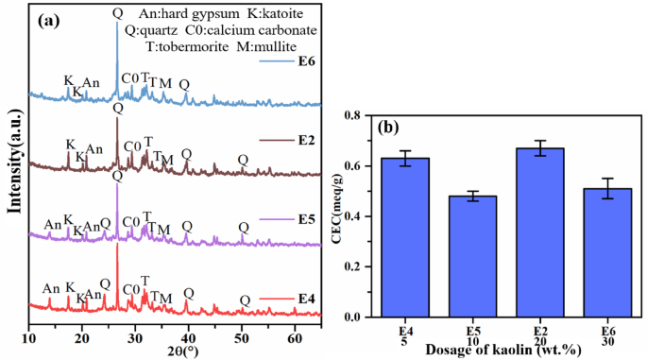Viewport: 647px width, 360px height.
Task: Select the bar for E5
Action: [460, 256]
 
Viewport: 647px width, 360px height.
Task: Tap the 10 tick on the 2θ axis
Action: [29, 337]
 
